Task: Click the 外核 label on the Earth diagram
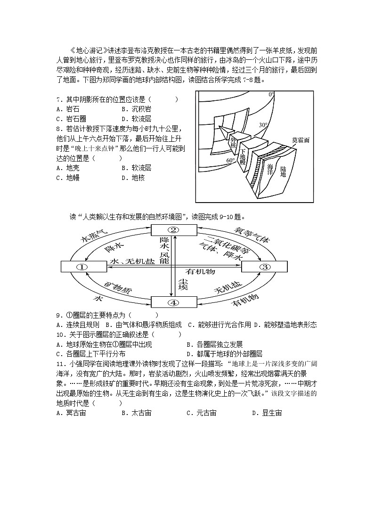coord(233,142)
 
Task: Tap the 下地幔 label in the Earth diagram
coord(243,156)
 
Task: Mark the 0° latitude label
coord(271,95)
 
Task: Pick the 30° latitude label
coord(263,125)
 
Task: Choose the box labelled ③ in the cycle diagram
coord(264,267)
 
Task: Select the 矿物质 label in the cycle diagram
coord(115,287)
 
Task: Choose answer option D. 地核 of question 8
coord(135,178)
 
